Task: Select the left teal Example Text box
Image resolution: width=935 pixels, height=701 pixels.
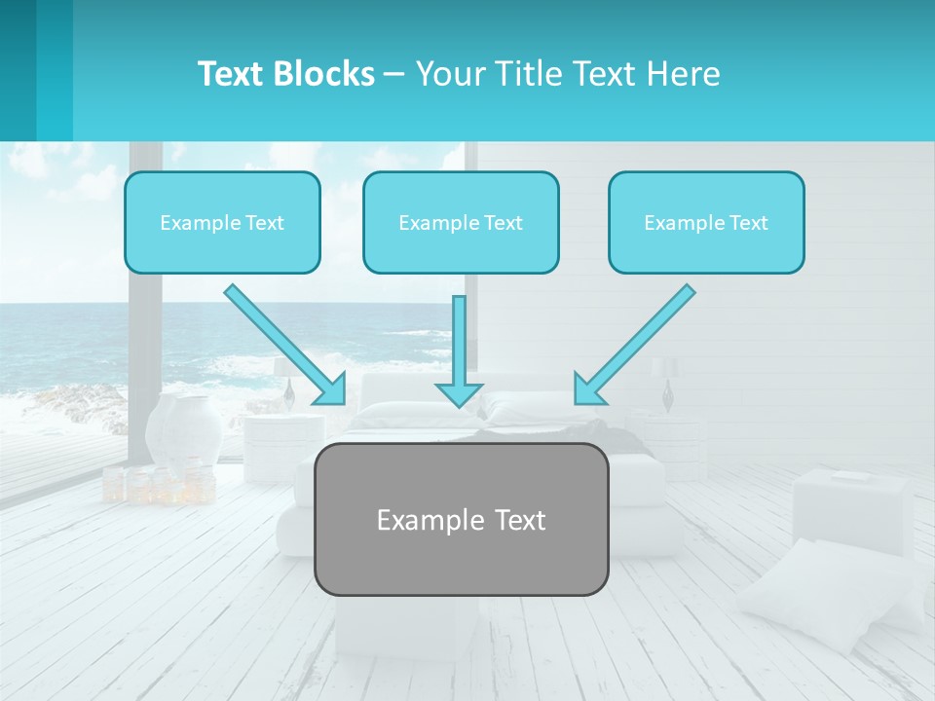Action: tap(222, 222)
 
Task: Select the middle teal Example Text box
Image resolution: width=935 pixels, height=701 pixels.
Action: tap(461, 222)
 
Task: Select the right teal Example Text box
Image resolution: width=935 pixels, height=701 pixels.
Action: tap(706, 222)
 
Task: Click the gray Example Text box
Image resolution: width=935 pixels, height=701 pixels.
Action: tap(461, 519)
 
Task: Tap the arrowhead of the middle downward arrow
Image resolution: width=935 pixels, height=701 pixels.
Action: tap(459, 393)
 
